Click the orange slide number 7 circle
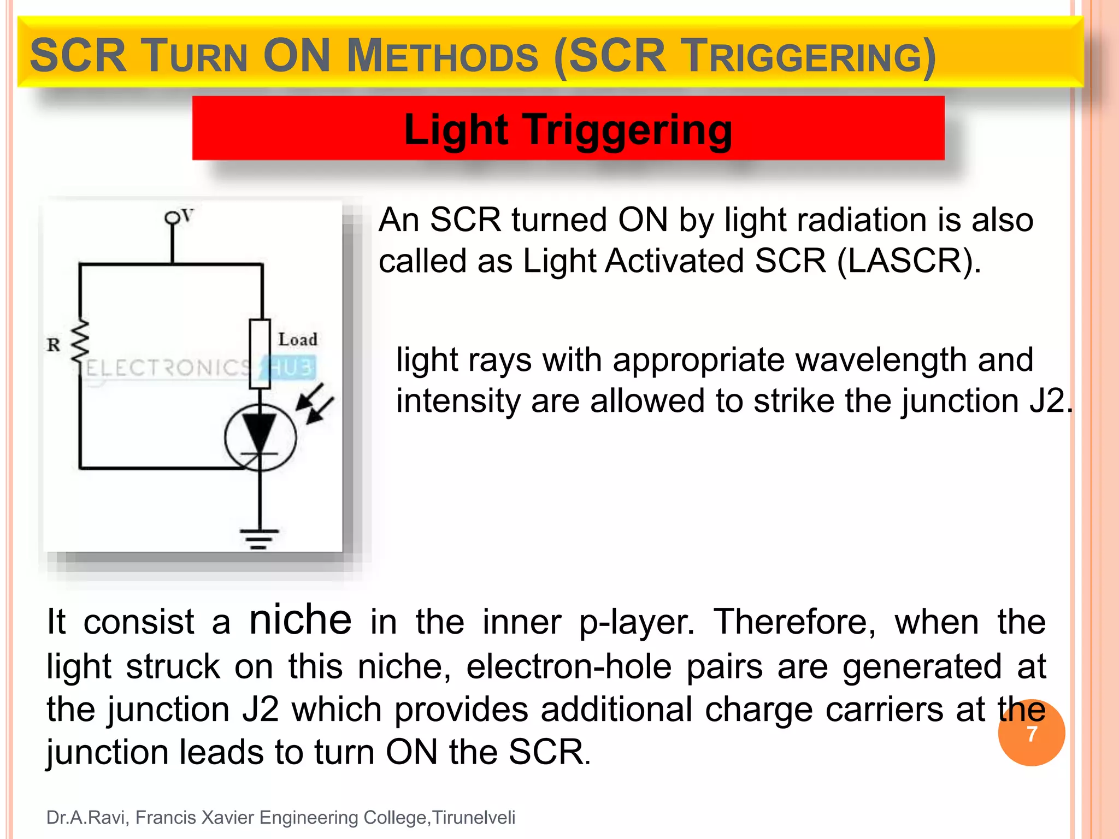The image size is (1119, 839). click(x=1031, y=733)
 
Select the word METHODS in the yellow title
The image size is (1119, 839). click(x=443, y=56)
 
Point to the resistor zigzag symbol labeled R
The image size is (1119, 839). click(x=81, y=341)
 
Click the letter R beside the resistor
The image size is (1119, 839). click(x=53, y=345)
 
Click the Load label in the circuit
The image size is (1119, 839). click(x=297, y=339)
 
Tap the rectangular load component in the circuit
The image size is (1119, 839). click(x=260, y=354)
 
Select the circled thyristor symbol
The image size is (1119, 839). click(x=260, y=437)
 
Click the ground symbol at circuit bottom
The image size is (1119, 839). click(x=259, y=537)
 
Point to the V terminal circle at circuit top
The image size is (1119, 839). click(x=173, y=218)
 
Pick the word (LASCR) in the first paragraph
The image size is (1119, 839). click(x=909, y=261)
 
